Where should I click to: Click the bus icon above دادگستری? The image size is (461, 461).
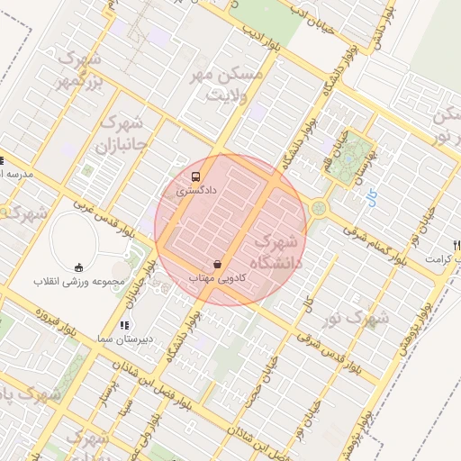[197, 176]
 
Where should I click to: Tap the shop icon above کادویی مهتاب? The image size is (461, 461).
[217, 264]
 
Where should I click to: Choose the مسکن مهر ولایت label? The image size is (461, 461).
[229, 85]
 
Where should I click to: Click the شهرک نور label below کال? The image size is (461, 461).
[370, 318]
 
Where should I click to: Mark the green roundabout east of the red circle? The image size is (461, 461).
[319, 210]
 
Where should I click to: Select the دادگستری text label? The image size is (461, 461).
[189, 192]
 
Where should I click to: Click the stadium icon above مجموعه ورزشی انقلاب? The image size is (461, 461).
[78, 267]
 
